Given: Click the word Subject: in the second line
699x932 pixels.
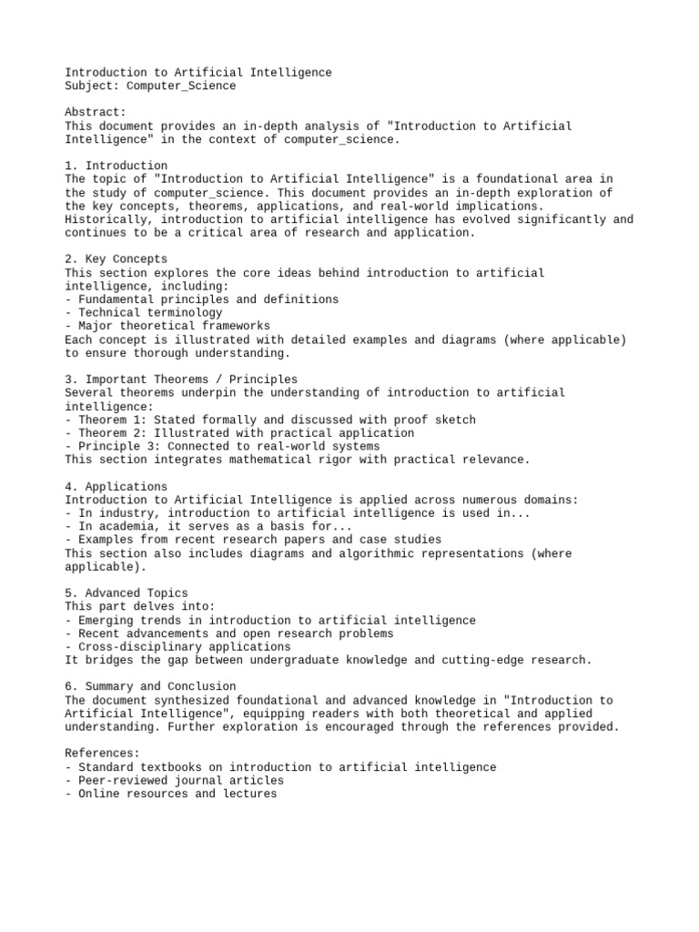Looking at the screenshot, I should click(92, 86).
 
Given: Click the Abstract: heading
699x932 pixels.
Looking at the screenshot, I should click(96, 113).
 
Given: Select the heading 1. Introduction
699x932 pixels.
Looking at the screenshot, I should click(116, 166).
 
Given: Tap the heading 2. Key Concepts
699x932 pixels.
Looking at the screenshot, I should click(116, 259).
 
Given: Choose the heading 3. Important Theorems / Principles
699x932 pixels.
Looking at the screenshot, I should click(181, 380).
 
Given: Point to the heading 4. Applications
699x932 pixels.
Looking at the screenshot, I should click(116, 487).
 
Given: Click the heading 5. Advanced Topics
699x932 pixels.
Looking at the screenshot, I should click(127, 593).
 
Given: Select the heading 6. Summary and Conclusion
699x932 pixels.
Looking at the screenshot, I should click(150, 686).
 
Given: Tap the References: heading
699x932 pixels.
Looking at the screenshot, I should click(103, 754).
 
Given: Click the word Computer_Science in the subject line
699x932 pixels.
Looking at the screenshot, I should click(181, 86).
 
